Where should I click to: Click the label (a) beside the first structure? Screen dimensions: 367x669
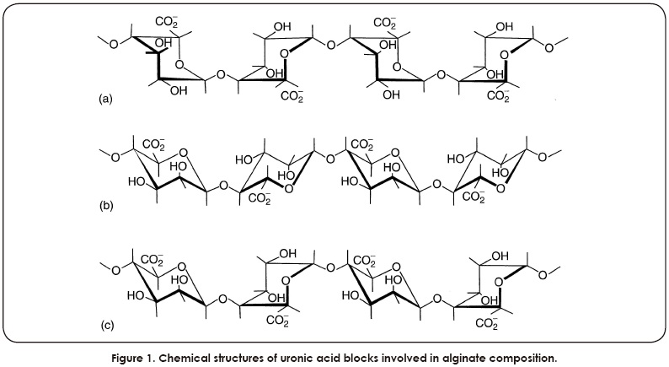coord(105,100)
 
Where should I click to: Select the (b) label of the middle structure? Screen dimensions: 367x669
coord(105,206)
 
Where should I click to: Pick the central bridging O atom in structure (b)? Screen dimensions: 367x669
coord(329,155)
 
